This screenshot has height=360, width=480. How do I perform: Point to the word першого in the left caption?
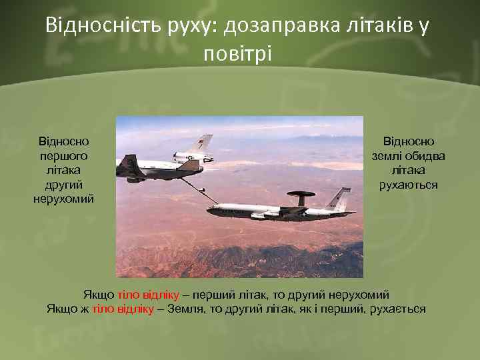(64, 155)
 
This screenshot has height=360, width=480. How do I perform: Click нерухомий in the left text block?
(64, 199)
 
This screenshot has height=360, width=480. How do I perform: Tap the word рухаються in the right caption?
(409, 184)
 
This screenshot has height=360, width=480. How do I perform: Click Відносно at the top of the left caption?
(64, 141)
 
